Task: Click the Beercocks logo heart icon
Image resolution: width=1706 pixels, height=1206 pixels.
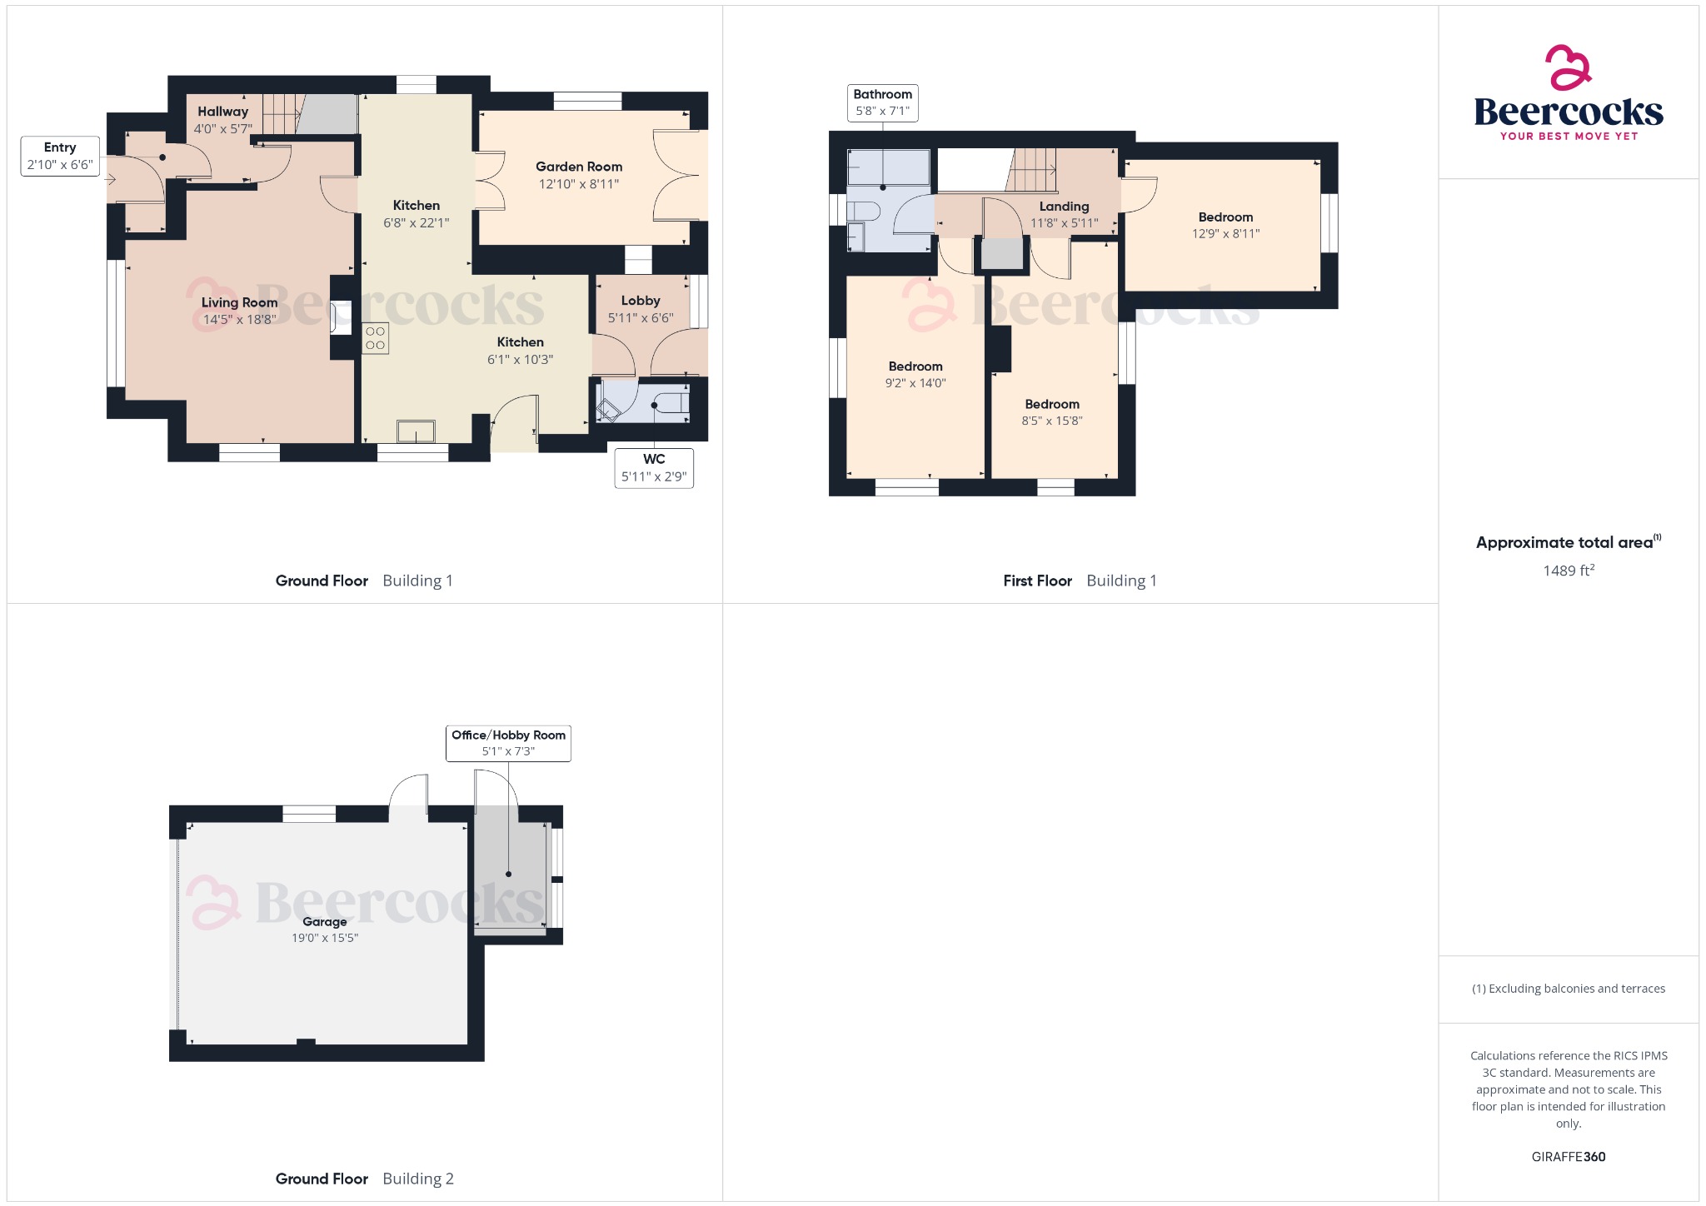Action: point(1569,67)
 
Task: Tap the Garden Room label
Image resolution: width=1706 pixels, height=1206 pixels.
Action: point(579,167)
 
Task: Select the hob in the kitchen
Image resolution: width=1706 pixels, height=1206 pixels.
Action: point(375,338)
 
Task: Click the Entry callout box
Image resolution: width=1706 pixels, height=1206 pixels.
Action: point(60,156)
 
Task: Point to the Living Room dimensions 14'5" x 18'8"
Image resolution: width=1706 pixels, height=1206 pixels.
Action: point(239,320)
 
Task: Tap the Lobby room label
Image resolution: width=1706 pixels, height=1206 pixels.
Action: point(640,301)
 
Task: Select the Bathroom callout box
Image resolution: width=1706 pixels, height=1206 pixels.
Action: point(882,102)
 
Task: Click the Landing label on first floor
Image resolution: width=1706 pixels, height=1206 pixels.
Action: point(1064,207)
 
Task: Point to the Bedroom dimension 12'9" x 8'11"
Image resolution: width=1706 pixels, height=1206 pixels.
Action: point(1225,234)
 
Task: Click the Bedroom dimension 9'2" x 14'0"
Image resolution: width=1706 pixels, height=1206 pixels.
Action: point(915,383)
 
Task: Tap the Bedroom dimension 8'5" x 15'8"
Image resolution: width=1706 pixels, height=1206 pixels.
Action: point(1051,421)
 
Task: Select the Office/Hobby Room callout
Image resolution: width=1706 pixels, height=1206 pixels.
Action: point(508,743)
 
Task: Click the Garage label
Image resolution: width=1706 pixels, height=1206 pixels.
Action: point(324,922)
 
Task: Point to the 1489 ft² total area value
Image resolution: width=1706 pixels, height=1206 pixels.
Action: point(1568,571)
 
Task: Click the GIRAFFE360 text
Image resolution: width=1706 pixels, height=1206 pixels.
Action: point(1568,1157)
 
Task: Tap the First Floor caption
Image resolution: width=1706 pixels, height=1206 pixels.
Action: point(1037,581)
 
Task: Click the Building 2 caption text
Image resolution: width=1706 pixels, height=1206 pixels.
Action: point(417,1179)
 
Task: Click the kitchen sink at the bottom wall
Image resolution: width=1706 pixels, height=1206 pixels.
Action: point(416,431)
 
